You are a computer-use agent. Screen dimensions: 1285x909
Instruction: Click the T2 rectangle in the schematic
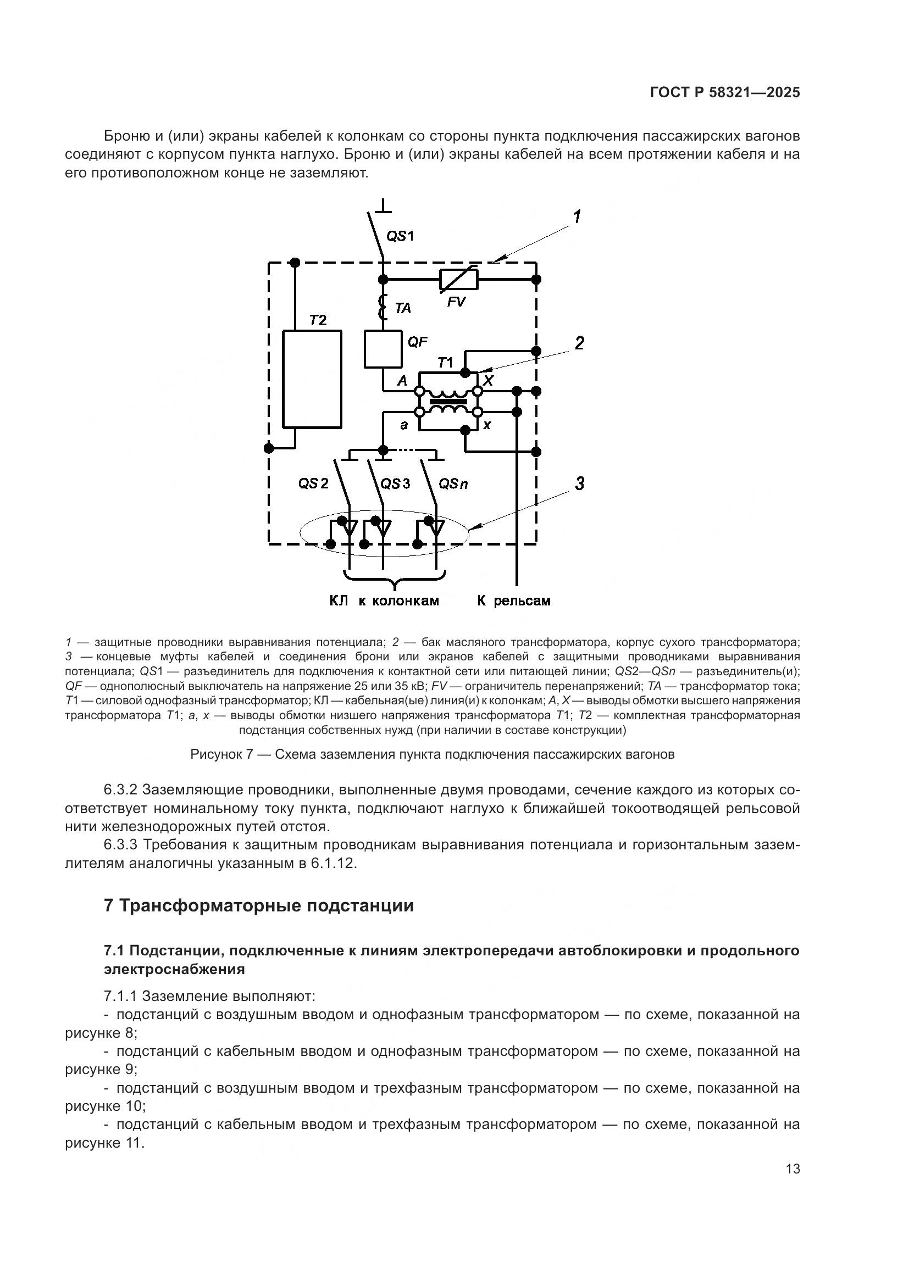[312, 379]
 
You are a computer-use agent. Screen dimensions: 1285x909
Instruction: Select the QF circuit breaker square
[383, 349]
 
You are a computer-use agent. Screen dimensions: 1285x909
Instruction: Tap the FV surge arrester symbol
[458, 279]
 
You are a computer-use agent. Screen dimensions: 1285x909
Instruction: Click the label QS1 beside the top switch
[400, 236]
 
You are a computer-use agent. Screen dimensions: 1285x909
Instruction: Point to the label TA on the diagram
[402, 308]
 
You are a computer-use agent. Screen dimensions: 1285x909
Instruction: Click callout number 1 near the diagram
[577, 216]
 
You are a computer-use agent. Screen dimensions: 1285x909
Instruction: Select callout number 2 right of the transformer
[579, 343]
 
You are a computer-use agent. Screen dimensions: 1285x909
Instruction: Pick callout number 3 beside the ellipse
[580, 483]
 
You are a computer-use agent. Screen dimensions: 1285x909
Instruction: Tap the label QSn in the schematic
[453, 483]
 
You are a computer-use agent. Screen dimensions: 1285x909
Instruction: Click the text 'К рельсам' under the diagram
[513, 601]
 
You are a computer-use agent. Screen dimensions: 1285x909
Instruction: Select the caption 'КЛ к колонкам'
[384, 601]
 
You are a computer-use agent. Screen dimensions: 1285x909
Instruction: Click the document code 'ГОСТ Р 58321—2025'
[725, 93]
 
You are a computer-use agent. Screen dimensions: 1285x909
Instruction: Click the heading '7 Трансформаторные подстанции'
[259, 905]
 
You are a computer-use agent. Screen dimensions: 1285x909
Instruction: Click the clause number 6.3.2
[120, 789]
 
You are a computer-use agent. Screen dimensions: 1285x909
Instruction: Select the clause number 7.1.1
[120, 996]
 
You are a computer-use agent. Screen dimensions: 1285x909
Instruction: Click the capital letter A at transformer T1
[402, 381]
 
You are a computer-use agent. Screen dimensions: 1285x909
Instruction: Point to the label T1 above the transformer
[445, 363]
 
